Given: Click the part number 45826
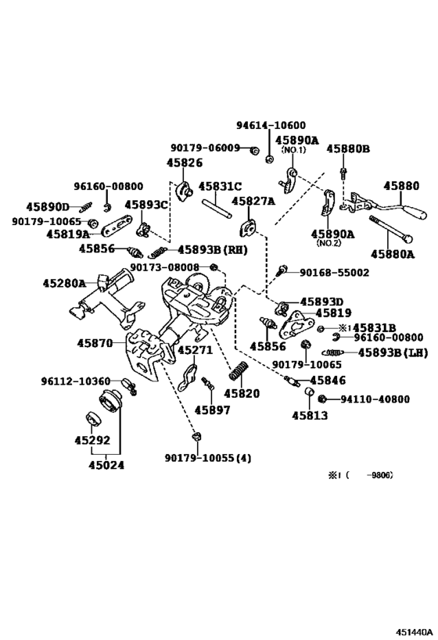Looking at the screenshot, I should click(x=184, y=163).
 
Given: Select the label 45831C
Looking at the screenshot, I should click(x=220, y=187).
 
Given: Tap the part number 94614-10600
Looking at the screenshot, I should click(x=271, y=125).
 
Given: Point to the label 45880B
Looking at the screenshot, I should click(x=348, y=148).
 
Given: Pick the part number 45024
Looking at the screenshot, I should click(x=103, y=463).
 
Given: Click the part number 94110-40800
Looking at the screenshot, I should click(x=375, y=399).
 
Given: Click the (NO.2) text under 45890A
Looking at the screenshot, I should click(x=331, y=243).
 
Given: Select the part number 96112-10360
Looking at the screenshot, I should click(x=76, y=381).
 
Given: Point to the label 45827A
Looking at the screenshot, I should click(x=257, y=201).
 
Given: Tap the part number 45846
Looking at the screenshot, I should click(x=326, y=380).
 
